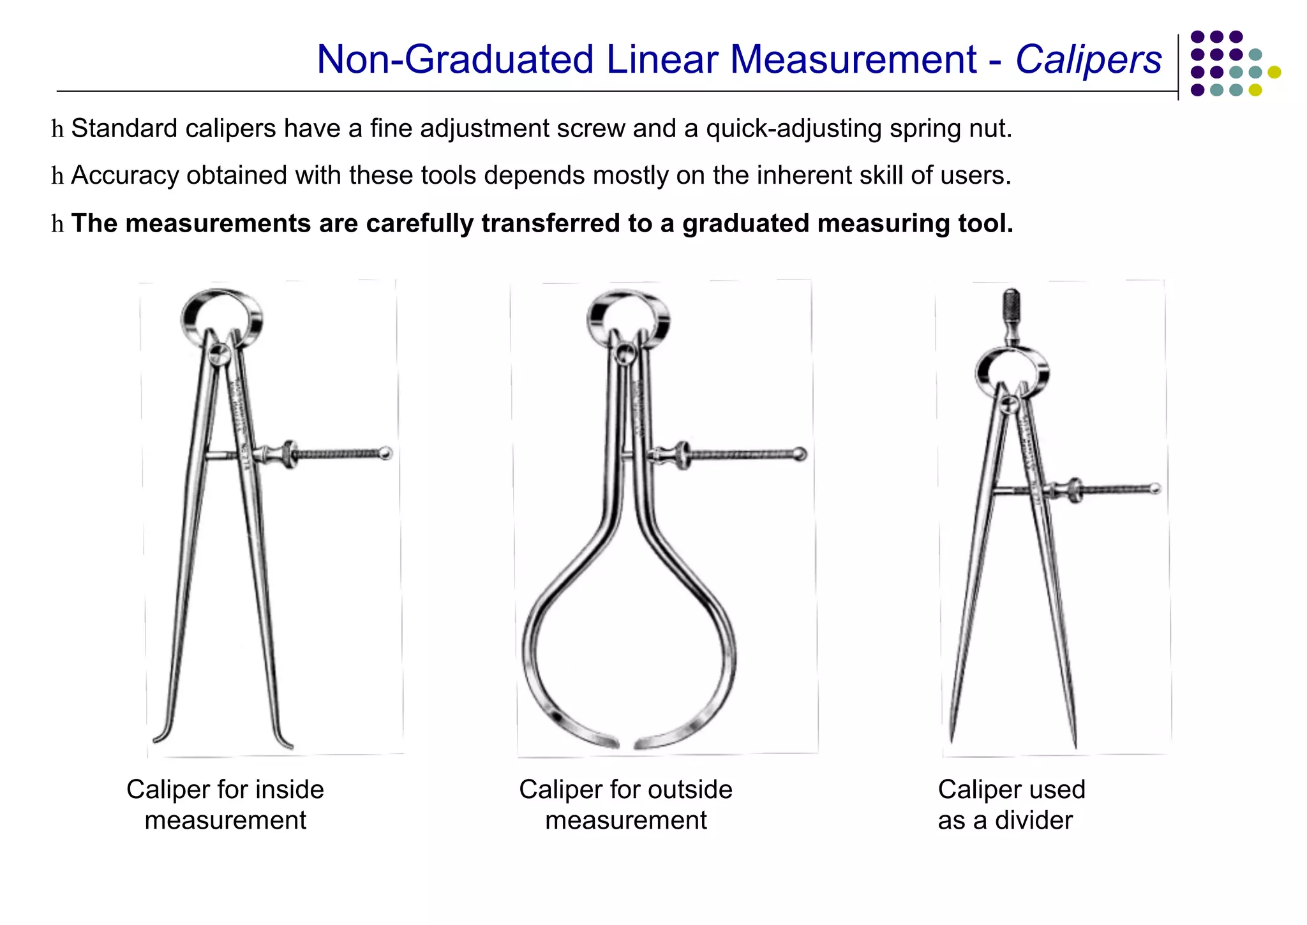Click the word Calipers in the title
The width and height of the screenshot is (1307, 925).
[x=1088, y=60]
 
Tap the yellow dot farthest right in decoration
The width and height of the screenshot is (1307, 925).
[x=1274, y=72]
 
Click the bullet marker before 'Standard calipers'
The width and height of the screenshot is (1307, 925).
[x=57, y=129]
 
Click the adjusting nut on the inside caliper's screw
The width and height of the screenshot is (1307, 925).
[x=290, y=454]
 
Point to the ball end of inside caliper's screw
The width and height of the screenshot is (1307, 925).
[x=385, y=454]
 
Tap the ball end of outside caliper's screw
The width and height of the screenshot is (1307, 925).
[x=800, y=454]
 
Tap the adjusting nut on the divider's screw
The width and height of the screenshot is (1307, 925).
[x=1075, y=491]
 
